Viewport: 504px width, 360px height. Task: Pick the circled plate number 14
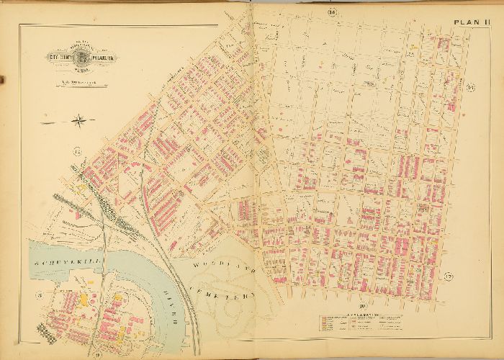click(332, 12)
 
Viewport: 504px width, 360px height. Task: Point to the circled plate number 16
click(469, 87)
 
